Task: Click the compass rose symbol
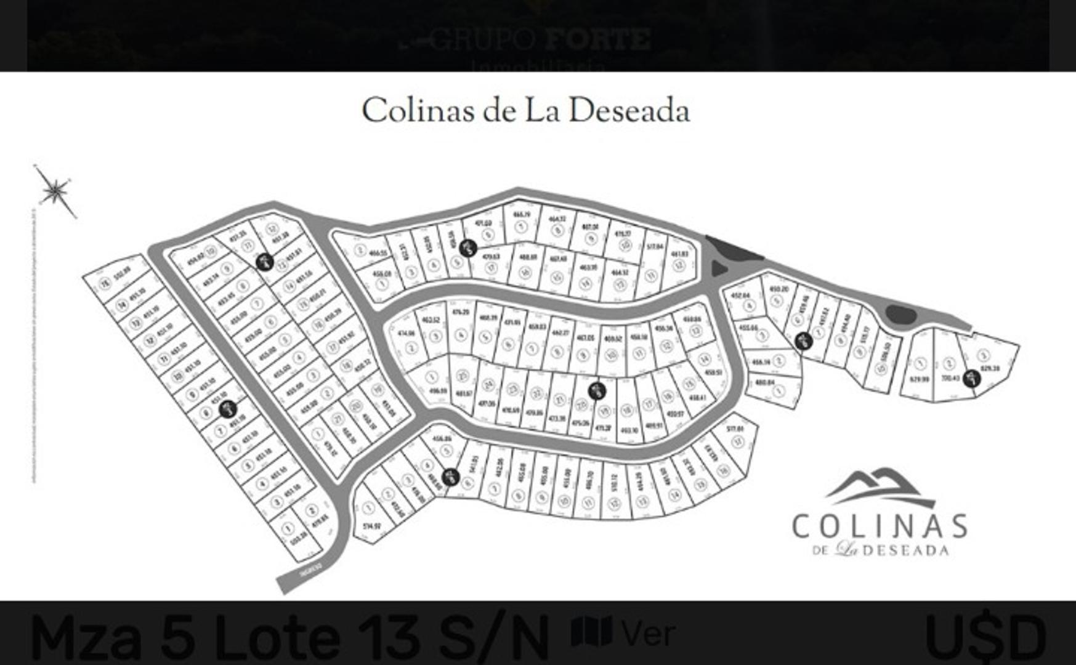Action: click(55, 191)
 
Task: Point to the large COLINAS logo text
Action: click(879, 526)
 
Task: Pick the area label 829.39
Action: click(989, 368)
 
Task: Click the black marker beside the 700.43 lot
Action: click(972, 377)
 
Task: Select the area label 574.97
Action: click(372, 526)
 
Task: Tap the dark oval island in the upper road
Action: click(900, 315)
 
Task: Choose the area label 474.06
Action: click(407, 333)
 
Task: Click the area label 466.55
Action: click(378, 253)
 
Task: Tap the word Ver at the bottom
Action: click(648, 633)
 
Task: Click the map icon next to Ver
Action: click(591, 631)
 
